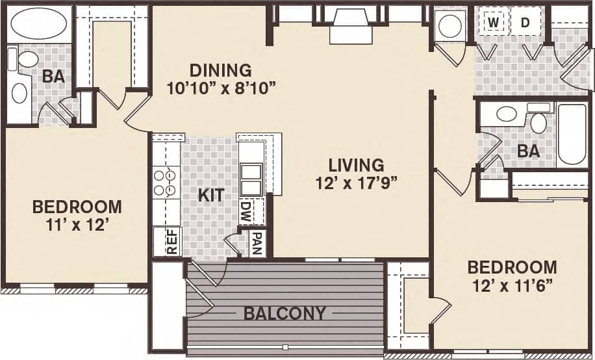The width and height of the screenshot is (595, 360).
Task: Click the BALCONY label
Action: [285, 313]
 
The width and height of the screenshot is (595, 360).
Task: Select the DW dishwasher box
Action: [246, 211]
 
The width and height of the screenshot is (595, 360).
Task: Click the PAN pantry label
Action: [257, 244]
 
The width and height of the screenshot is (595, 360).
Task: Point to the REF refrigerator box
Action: [171, 241]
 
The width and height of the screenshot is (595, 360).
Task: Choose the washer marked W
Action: [494, 23]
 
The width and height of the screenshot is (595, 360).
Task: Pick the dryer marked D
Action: [525, 23]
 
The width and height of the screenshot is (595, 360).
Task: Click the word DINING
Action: [220, 70]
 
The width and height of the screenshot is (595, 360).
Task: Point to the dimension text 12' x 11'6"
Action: [512, 285]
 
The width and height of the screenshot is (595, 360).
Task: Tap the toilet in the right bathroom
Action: [538, 122]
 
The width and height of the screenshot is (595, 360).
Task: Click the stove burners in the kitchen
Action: [165, 182]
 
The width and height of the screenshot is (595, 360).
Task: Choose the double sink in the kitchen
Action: [251, 179]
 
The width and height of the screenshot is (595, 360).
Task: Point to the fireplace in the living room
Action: [350, 26]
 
